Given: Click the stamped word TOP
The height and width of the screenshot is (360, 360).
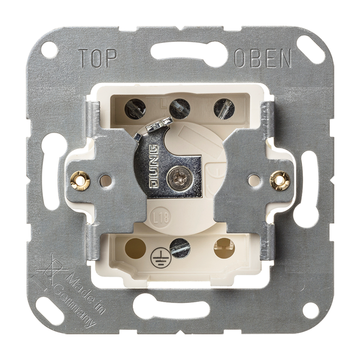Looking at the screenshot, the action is click(x=98, y=58).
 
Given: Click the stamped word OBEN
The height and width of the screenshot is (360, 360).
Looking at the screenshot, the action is click(x=263, y=58).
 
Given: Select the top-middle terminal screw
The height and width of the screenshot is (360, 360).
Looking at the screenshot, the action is click(x=180, y=108).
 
